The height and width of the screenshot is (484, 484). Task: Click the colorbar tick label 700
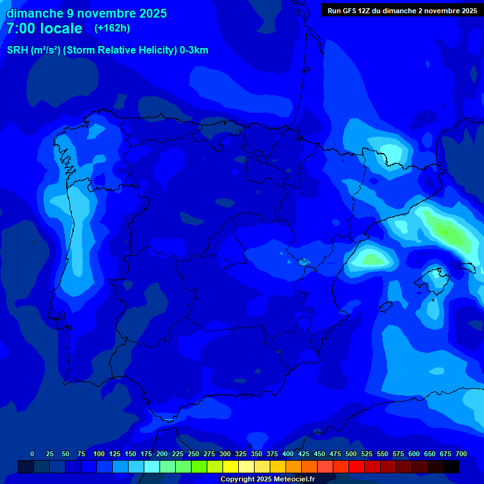(461, 454)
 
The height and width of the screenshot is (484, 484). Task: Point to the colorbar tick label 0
(32, 454)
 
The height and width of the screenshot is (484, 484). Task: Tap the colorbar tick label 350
(256, 454)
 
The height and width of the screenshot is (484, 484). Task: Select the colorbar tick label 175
(146, 454)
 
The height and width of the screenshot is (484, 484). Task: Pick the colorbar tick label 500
(351, 454)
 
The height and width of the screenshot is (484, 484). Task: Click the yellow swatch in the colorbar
(231, 467)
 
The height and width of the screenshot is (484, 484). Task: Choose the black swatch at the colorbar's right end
(451, 467)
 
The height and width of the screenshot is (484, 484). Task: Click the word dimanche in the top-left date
(32, 13)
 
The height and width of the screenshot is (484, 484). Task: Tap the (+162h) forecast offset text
(112, 28)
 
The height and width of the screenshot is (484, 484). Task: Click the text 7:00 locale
(44, 28)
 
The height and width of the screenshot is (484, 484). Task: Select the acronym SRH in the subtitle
(17, 50)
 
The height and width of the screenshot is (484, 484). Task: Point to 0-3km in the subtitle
(193, 50)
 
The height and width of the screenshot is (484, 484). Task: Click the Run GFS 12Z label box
(401, 11)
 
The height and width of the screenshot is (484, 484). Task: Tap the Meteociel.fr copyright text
(267, 480)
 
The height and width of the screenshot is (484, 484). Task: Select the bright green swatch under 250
(183, 467)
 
